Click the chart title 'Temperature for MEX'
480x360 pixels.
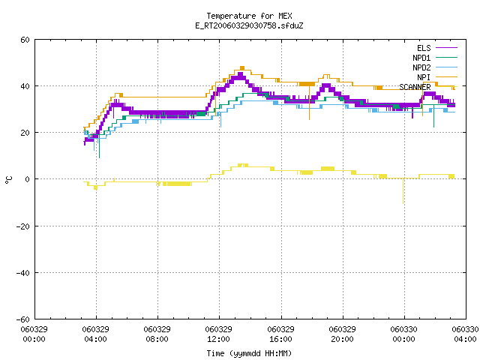[x=249, y=16]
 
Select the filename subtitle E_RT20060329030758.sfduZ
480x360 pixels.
[x=249, y=25]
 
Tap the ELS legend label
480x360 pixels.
[x=424, y=48]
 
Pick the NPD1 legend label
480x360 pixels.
[x=421, y=58]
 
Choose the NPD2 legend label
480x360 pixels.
[x=421, y=67]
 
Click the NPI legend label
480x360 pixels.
[x=424, y=77]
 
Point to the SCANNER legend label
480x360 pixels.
[x=415, y=87]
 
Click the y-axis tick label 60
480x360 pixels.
[x=25, y=40]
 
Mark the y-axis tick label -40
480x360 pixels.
[x=22, y=273]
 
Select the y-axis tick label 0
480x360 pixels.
[x=28, y=179]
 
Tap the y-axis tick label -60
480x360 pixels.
[x=22, y=319]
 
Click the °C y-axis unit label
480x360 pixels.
[x=9, y=180]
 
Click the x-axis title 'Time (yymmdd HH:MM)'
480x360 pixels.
[x=249, y=353]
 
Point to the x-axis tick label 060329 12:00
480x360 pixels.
[x=218, y=334]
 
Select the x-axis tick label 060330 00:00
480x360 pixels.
[x=403, y=334]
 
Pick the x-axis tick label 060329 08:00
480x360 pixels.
[x=157, y=334]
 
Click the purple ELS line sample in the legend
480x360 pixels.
[x=447, y=48]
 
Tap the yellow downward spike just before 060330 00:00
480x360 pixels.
[x=403, y=190]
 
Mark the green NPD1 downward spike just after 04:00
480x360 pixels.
[x=99, y=146]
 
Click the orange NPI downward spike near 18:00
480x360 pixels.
[x=309, y=102]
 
